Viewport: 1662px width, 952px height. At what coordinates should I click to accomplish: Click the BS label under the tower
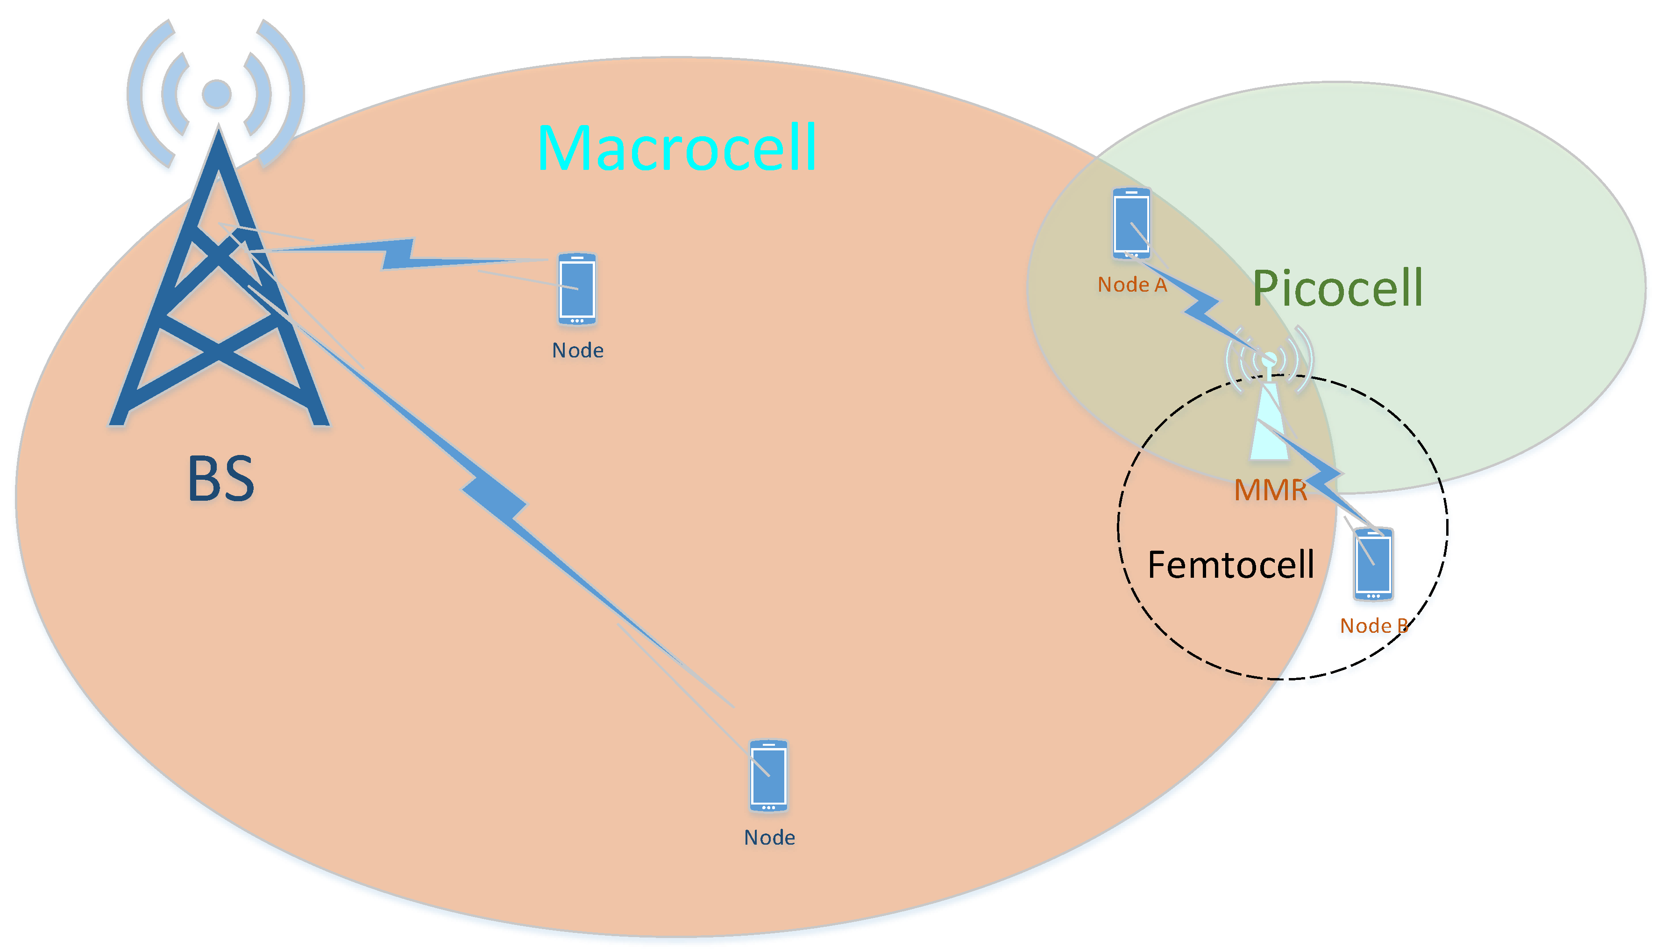pos(220,479)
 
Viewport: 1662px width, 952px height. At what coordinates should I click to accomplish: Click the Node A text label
pos(1132,285)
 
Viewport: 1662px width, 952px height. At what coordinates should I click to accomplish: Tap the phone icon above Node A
pos(1131,223)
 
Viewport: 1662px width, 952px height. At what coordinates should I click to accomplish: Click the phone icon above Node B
pos(1373,564)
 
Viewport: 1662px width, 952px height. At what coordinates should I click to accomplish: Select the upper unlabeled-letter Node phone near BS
pos(576,289)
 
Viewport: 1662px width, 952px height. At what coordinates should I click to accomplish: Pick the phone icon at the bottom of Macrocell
pos(768,776)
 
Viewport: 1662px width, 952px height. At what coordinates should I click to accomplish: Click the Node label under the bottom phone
pos(769,838)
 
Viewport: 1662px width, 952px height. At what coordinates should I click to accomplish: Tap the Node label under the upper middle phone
pos(577,350)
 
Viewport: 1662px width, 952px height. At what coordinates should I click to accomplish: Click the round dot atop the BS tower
pos(217,93)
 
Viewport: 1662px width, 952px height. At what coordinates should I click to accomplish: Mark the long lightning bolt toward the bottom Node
pos(494,497)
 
